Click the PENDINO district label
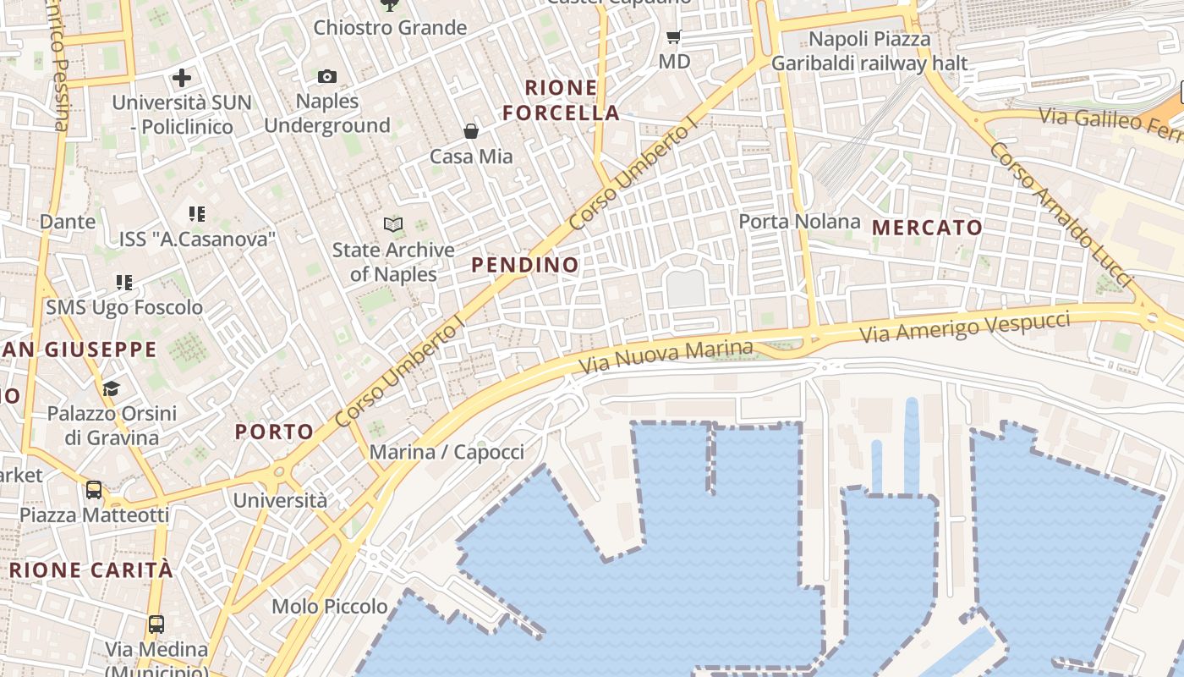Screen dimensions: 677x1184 [525, 265]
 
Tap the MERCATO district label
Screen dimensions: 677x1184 [927, 228]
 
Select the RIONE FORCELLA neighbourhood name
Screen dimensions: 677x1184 [562, 100]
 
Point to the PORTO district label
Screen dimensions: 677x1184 [275, 432]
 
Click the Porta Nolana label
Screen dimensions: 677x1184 [799, 222]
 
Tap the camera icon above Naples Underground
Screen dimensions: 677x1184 [327, 77]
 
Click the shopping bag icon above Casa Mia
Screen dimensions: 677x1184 [471, 131]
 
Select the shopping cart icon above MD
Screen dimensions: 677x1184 [674, 36]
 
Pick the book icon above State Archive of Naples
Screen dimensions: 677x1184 [393, 224]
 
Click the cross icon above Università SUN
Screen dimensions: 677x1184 [182, 79]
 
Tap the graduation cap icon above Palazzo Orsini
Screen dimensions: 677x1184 [111, 388]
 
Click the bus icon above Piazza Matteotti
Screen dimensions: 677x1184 [94, 490]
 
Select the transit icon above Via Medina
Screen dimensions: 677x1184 [156, 625]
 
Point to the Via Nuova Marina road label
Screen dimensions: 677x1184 [666, 357]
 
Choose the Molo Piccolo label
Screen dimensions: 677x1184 [330, 607]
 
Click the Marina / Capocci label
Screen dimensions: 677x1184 [447, 452]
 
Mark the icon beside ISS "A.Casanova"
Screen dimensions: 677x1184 [197, 214]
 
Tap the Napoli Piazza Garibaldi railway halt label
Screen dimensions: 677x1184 [869, 52]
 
